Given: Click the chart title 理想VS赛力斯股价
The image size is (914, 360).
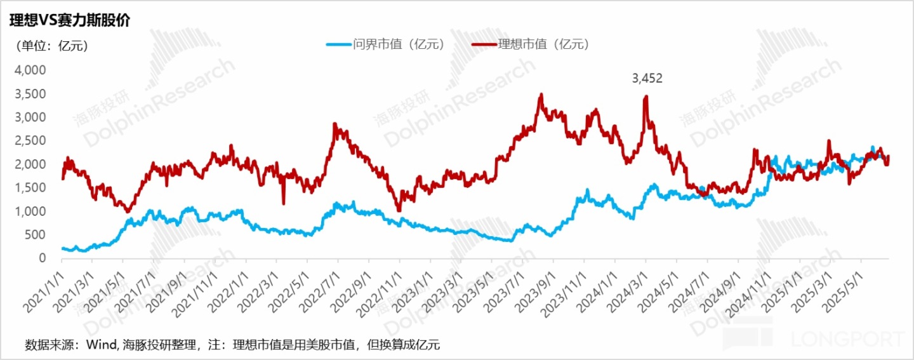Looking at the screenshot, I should [69, 20].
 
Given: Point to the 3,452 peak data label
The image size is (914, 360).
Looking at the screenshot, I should [647, 79].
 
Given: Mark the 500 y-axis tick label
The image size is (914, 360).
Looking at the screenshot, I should [36, 234].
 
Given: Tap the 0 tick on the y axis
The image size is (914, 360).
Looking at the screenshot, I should [42, 258].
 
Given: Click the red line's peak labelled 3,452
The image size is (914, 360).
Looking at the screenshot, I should [646, 97].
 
